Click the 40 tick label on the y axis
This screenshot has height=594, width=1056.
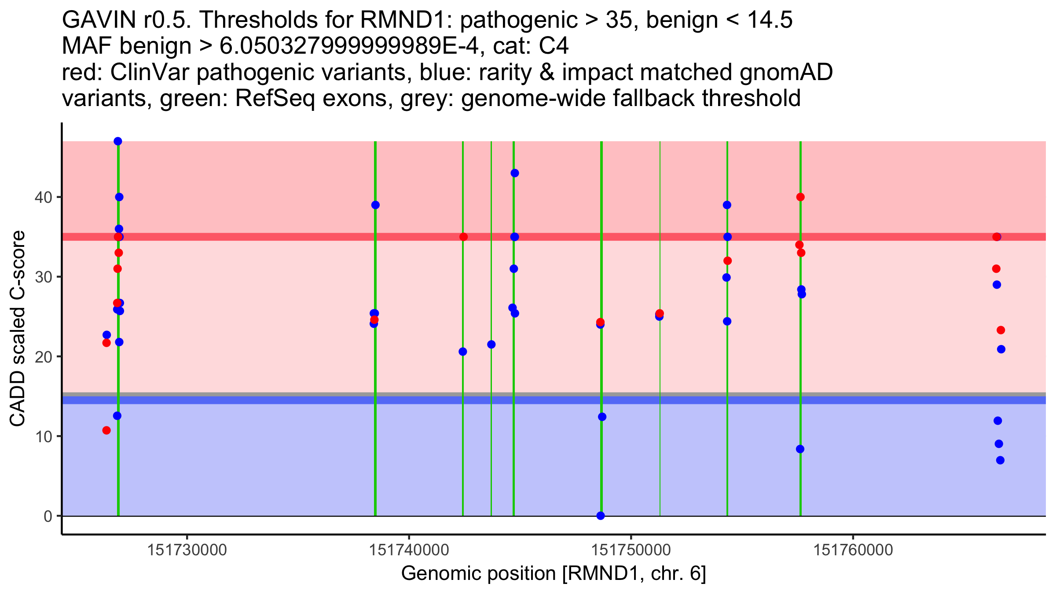[x=43, y=197]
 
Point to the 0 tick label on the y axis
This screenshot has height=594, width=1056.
[x=48, y=516]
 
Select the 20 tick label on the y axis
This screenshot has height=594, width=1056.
[x=43, y=356]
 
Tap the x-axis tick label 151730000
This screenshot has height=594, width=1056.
[x=187, y=550]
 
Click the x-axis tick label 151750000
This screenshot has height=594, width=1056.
[x=631, y=550]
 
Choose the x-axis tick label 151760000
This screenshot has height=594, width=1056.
[x=854, y=550]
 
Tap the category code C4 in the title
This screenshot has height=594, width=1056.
[x=554, y=46]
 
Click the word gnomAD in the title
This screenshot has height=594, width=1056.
[x=786, y=73]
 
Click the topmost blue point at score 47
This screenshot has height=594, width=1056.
[x=118, y=141]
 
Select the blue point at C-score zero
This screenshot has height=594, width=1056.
[x=601, y=516]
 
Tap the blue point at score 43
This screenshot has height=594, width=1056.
[x=515, y=173]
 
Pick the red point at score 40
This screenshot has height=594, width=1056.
[x=800, y=197]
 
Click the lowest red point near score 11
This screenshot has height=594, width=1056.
[x=106, y=430]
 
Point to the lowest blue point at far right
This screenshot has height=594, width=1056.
[x=1000, y=460]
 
